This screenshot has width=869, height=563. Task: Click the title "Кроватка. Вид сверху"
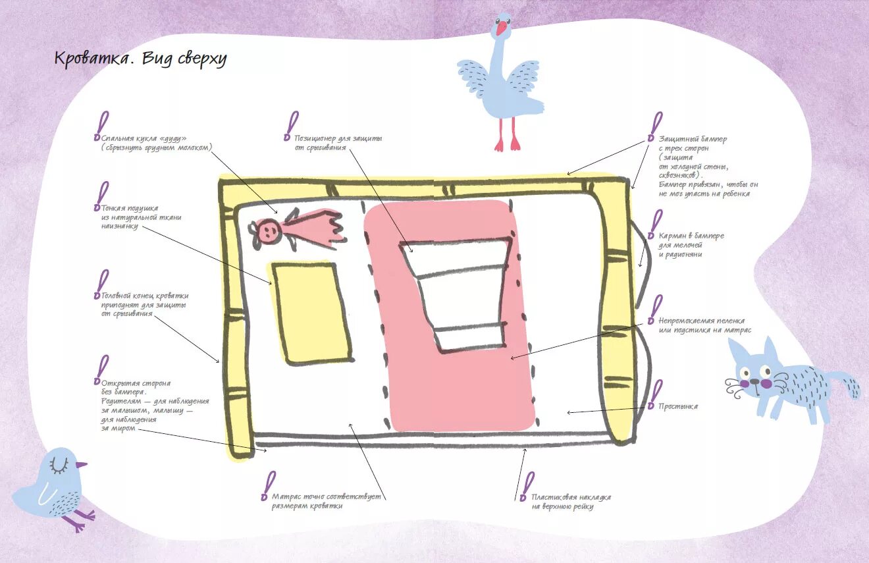click(140, 59)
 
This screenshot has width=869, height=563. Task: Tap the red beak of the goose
click(502, 28)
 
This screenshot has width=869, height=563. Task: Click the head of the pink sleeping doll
click(268, 230)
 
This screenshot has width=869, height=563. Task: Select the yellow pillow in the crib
click(309, 311)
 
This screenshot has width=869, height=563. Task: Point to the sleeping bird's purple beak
click(81, 465)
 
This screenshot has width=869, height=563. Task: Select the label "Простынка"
click(678, 406)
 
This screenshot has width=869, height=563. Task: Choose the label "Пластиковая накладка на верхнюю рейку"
click(571, 502)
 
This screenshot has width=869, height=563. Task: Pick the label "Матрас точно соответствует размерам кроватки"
click(327, 501)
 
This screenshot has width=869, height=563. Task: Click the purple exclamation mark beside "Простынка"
click(656, 391)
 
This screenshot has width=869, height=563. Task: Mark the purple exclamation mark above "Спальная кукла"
click(101, 124)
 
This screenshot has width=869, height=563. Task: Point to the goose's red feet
click(507, 144)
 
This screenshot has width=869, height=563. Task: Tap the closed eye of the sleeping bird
click(60, 465)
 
